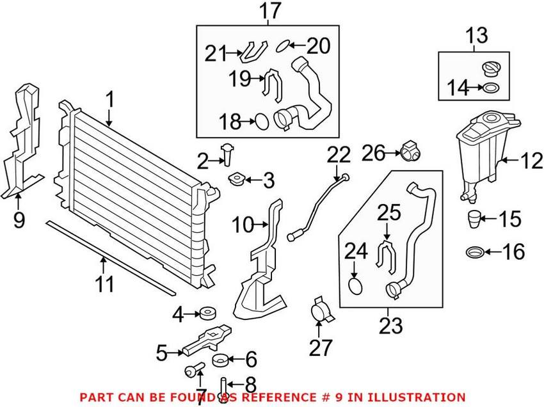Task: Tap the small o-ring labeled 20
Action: pyautogui.click(x=284, y=46)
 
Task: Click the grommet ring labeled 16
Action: pyautogui.click(x=476, y=251)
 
